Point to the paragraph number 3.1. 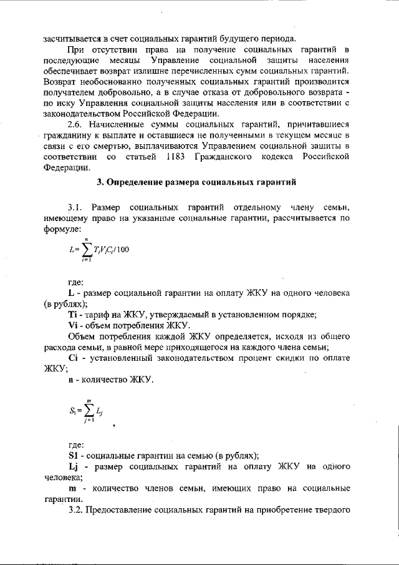(x=75, y=207)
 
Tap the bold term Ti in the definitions (x=73, y=314)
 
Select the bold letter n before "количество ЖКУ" (x=71, y=379)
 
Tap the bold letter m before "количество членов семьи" (x=72, y=488)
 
